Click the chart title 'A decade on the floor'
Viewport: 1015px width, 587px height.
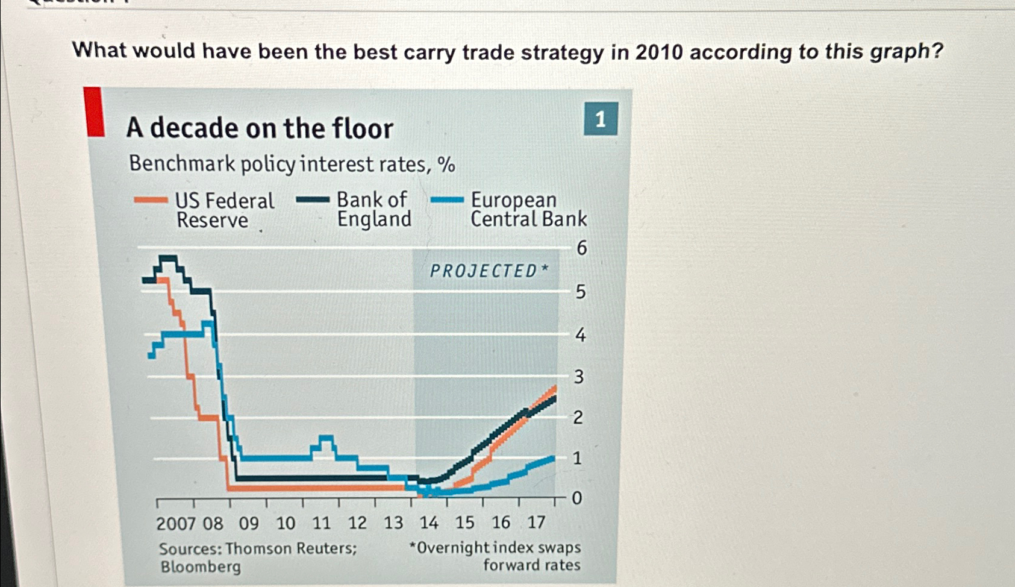tap(260, 128)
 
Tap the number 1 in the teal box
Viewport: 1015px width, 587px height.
tap(601, 119)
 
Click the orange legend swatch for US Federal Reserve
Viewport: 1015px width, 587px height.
tap(151, 200)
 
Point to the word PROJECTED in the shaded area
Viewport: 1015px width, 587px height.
tap(483, 271)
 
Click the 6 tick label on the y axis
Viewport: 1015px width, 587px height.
tap(581, 248)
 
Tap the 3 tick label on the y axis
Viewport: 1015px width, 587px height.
tap(579, 377)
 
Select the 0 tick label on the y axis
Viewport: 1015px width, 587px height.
tap(577, 498)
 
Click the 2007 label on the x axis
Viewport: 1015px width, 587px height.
tap(176, 523)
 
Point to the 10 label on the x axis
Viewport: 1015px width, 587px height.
tap(286, 523)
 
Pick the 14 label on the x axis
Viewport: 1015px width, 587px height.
tap(429, 523)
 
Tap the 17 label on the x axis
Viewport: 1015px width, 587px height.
tap(536, 522)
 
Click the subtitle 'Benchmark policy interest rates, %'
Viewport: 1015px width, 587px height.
tap(292, 164)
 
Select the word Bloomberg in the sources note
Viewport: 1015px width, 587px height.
tap(201, 567)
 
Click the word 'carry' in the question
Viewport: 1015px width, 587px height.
tap(429, 52)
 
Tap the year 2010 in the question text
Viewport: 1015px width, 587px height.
tap(659, 52)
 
